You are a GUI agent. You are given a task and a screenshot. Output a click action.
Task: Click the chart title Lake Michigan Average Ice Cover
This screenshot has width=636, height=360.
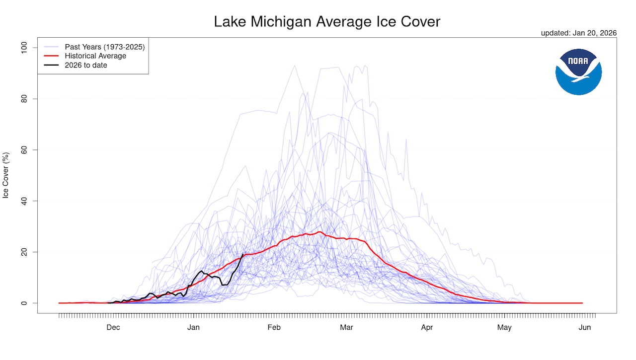pos(327,22)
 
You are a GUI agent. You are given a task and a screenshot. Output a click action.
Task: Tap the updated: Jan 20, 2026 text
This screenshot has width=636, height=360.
pos(579,33)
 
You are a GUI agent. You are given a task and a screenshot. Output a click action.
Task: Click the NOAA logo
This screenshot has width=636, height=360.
pos(578,72)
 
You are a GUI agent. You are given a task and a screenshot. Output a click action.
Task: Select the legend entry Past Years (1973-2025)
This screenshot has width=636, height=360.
pos(104,47)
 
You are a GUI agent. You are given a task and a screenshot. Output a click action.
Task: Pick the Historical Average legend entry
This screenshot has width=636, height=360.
pos(95,56)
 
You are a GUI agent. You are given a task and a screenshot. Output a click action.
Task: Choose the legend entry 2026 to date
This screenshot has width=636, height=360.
pos(86,65)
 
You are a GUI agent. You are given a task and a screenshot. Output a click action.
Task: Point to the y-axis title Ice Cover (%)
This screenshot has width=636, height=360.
pos(6,175)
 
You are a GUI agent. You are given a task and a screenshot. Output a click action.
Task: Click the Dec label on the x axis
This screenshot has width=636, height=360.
pos(113,327)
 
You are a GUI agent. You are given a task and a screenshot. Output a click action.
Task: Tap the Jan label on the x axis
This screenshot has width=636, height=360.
pos(193,327)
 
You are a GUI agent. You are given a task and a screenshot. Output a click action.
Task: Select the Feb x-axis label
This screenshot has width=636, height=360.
pos(274,327)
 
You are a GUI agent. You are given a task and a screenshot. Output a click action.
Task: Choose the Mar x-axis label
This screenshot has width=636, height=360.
pos(346,327)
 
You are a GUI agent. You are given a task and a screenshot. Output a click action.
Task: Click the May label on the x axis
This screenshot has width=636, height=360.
pos(504,327)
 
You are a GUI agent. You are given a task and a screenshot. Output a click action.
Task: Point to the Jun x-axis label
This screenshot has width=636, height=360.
pos(585,327)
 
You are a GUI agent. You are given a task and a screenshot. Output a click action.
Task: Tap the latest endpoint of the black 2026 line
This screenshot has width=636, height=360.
pos(243,254)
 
